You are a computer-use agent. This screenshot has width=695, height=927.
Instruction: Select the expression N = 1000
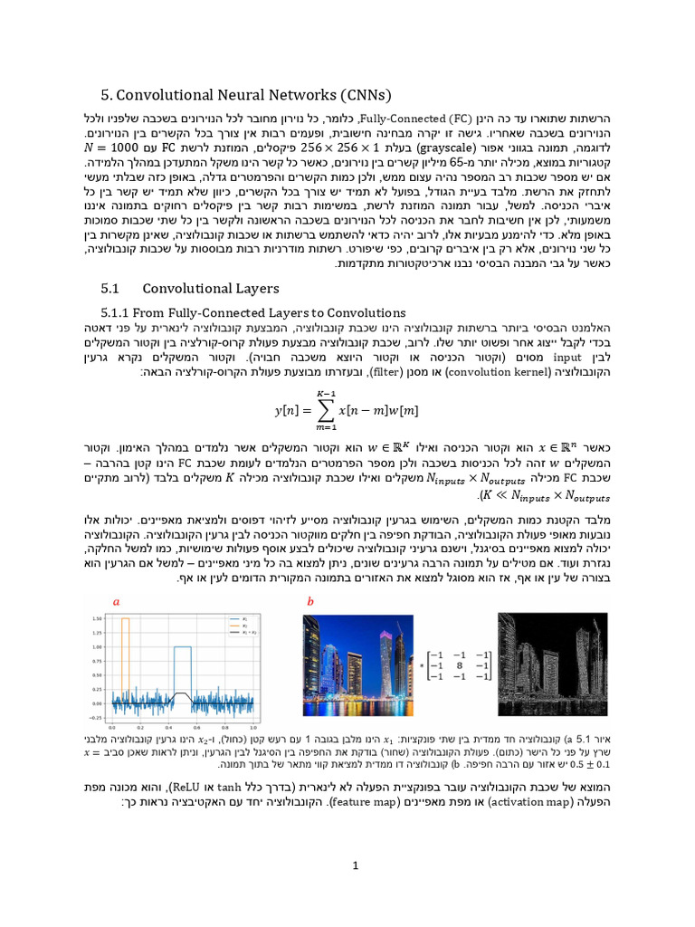pyautogui.click(x=118, y=146)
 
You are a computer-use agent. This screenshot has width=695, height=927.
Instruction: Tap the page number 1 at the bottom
pyautogui.click(x=357, y=865)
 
